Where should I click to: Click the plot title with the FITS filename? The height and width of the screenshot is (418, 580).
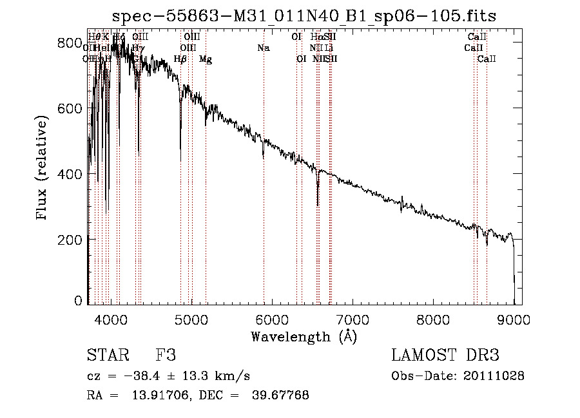coord(304,16)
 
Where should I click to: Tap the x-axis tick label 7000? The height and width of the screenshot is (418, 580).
coord(353,319)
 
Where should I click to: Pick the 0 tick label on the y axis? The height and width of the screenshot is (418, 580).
coord(78,301)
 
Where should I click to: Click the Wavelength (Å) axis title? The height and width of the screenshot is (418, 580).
coord(304,336)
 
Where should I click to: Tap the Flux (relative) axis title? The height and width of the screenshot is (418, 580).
coord(43,169)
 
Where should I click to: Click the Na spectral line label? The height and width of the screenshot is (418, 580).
coord(263,48)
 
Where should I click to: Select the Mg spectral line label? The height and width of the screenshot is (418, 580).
coord(205,59)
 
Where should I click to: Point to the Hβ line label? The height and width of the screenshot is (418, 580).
coord(180,59)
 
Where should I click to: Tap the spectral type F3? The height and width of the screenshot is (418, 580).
coord(166,356)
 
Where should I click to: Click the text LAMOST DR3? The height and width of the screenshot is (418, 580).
coord(445,356)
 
